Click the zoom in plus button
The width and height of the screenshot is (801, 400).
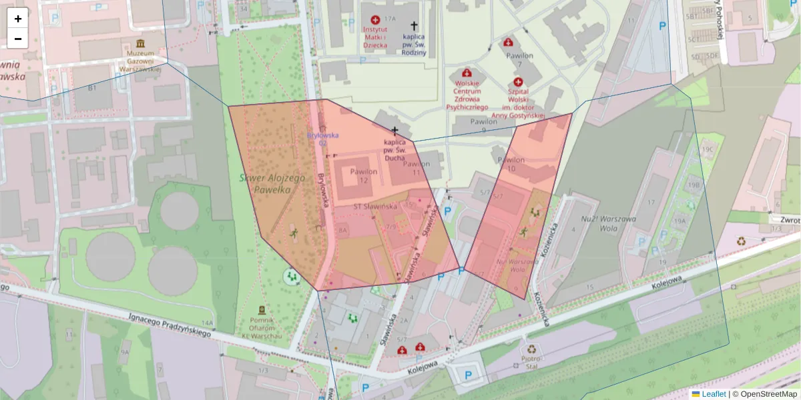pyautogui.click(x=18, y=18)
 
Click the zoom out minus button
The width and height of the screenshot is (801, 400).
pyautogui.click(x=18, y=39)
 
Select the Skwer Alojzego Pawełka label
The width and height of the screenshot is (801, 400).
pyautogui.click(x=272, y=184)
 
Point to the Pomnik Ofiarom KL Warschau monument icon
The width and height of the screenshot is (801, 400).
pyautogui.click(x=261, y=310)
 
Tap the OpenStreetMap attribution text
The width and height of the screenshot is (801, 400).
pyautogui.click(x=768, y=394)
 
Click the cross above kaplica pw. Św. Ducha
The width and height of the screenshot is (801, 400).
pyautogui.click(x=395, y=131)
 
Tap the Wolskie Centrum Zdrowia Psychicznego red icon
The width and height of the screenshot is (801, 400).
pyautogui.click(x=467, y=72)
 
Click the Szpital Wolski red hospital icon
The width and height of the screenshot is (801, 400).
pyautogui.click(x=518, y=81)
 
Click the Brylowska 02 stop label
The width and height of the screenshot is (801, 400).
pyautogui.click(x=322, y=139)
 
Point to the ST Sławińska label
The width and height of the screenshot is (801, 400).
pyautogui.click(x=375, y=207)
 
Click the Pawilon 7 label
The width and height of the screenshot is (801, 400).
pyautogui.click(x=519, y=59)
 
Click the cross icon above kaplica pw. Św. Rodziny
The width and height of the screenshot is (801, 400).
pyautogui.click(x=414, y=25)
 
